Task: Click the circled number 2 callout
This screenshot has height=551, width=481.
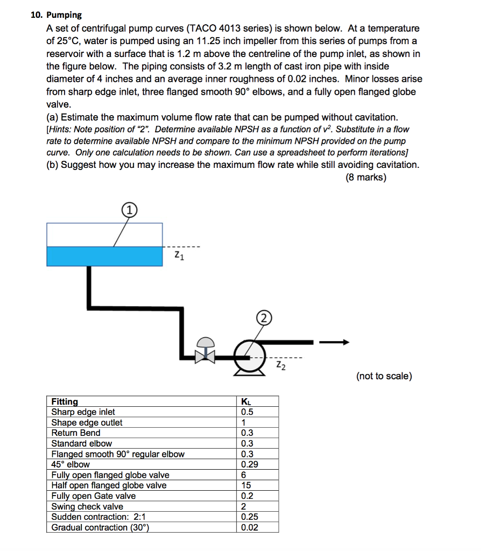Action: pos(264,317)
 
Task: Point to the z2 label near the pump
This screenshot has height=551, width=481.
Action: pos(281,366)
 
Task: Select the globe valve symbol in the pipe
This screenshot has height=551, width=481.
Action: pos(204,352)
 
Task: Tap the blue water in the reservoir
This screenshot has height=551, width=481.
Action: pos(104,256)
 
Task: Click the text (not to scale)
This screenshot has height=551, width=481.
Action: pos(384,376)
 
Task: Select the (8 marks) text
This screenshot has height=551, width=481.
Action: pos(366,177)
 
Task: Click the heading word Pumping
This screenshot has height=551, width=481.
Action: pos(64,15)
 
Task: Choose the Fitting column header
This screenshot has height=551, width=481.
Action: pos(65,401)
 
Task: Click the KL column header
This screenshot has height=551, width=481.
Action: pos(246,401)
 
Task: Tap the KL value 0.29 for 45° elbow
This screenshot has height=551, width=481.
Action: pos(249,464)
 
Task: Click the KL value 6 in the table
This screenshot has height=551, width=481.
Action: pos(244,475)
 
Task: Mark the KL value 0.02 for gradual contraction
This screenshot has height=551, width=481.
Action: pos(249,527)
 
